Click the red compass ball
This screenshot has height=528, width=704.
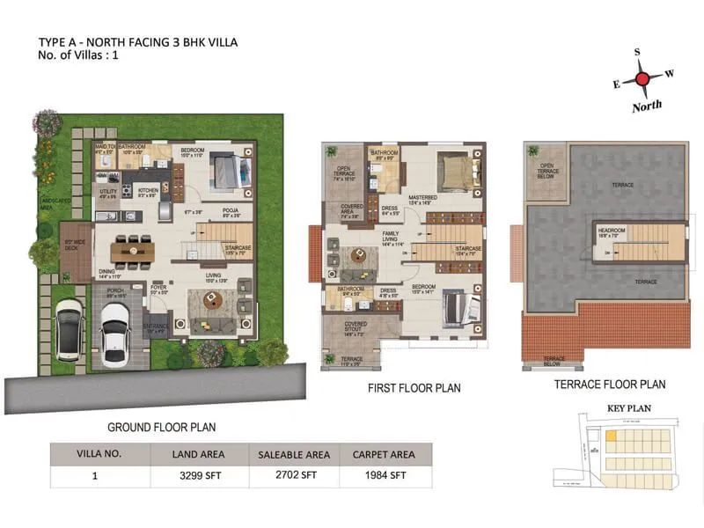(643, 79)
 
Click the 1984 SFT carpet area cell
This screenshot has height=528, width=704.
(385, 476)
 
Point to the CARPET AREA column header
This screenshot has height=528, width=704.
(385, 454)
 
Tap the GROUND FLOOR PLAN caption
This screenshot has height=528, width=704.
(162, 427)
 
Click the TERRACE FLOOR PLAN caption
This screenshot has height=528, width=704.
(609, 385)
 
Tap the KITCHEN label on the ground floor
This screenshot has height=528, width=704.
(147, 190)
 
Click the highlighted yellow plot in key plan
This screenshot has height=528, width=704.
(611, 435)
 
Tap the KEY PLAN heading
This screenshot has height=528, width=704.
(628, 408)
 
